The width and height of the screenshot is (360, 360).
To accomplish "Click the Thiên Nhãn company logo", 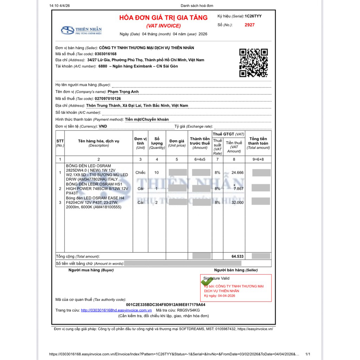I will (x=81, y=31).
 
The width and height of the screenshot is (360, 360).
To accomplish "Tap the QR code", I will (x=253, y=63).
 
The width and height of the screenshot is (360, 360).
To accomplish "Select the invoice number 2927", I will (x=250, y=25).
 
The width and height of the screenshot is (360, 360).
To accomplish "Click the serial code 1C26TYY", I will (x=253, y=16).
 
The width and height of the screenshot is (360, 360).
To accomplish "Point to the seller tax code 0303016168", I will (x=105, y=54).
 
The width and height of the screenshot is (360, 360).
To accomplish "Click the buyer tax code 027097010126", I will (x=108, y=99).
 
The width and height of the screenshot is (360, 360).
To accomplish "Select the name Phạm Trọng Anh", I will (x=123, y=92).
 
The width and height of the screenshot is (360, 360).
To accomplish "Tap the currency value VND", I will (x=103, y=126).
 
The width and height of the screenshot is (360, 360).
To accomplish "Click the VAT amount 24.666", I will (x=237, y=173).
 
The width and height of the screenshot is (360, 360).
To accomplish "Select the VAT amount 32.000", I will (x=237, y=202).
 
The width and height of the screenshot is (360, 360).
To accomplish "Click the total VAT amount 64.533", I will (x=237, y=256).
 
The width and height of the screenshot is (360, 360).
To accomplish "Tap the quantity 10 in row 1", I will (x=156, y=173).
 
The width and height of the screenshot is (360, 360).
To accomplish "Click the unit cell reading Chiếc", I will (x=140, y=173).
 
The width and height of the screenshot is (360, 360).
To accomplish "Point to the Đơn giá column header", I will (x=177, y=143).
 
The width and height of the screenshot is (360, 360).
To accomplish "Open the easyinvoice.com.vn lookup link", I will (x=116, y=310).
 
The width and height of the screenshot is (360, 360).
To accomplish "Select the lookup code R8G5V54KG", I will (x=188, y=310).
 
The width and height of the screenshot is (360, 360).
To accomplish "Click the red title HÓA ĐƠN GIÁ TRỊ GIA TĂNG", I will (x=163, y=18).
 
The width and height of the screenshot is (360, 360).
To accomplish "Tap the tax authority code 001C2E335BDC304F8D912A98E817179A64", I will (x=166, y=304).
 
